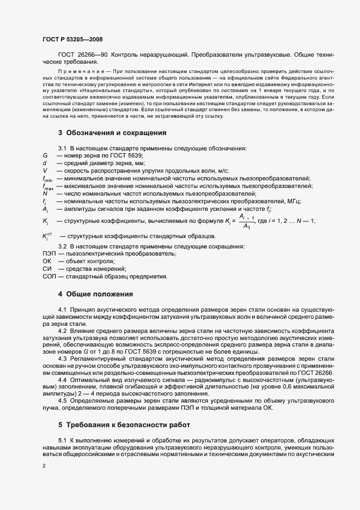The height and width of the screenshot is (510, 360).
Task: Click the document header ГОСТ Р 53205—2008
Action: pos(72,40)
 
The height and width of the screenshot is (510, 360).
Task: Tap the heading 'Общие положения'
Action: pos(99,294)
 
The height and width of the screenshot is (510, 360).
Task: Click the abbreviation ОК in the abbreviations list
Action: pos(46,262)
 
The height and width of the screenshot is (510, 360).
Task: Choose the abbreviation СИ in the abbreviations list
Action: pos(46,269)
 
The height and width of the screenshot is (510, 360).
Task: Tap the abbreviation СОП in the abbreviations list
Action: pos(49,277)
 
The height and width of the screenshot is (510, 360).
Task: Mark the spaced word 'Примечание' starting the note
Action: pos(80,71)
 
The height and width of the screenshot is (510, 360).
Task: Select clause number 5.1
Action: pos(62,439)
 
